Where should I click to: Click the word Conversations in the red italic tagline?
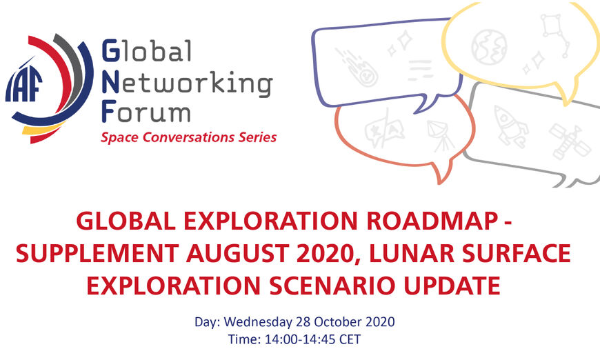pos(188,137)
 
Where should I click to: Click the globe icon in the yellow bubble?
pos(489,47)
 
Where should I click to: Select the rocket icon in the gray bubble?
pos(511,126)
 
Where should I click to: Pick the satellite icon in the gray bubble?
pos(570,141)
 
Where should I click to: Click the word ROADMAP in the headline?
pos(432,221)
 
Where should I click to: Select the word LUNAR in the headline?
pos(412,253)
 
